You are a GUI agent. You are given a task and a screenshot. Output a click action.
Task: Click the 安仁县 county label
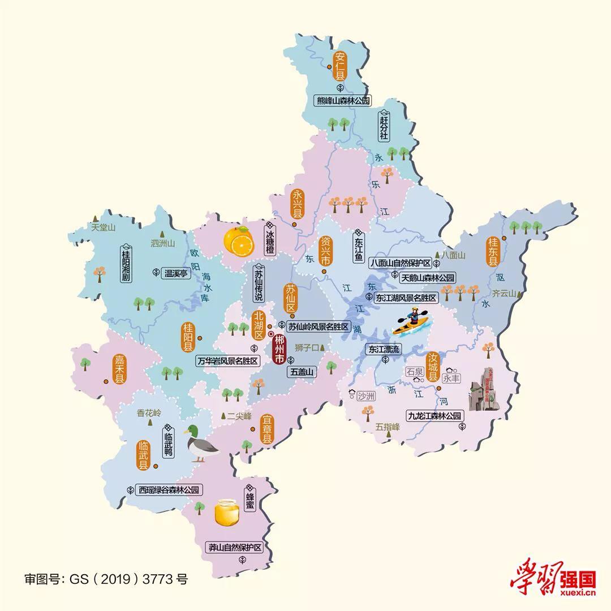[341, 64]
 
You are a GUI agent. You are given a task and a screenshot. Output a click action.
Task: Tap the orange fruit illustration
[238, 241]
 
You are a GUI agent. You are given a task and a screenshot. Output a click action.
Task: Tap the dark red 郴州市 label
[279, 351]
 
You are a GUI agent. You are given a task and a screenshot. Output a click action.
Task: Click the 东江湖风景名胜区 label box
[407, 298]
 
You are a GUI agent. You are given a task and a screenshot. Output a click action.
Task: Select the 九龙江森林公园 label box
[436, 416]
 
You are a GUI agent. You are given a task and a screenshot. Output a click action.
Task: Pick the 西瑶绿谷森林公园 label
[168, 490]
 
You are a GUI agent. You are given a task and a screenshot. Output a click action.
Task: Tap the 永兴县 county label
[296, 205]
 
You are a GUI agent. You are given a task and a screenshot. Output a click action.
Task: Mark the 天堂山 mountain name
[102, 227]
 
